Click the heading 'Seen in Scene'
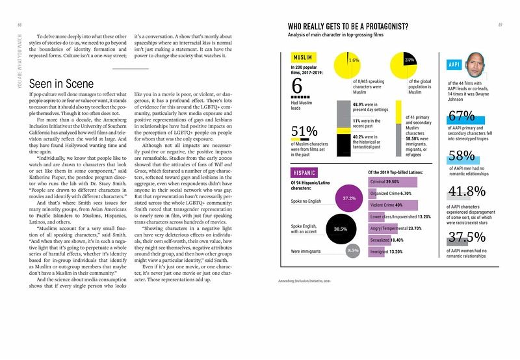point(62,84)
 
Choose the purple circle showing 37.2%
point(348,198)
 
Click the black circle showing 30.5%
point(340,229)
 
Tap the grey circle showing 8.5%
point(353,250)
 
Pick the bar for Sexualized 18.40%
point(383,240)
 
